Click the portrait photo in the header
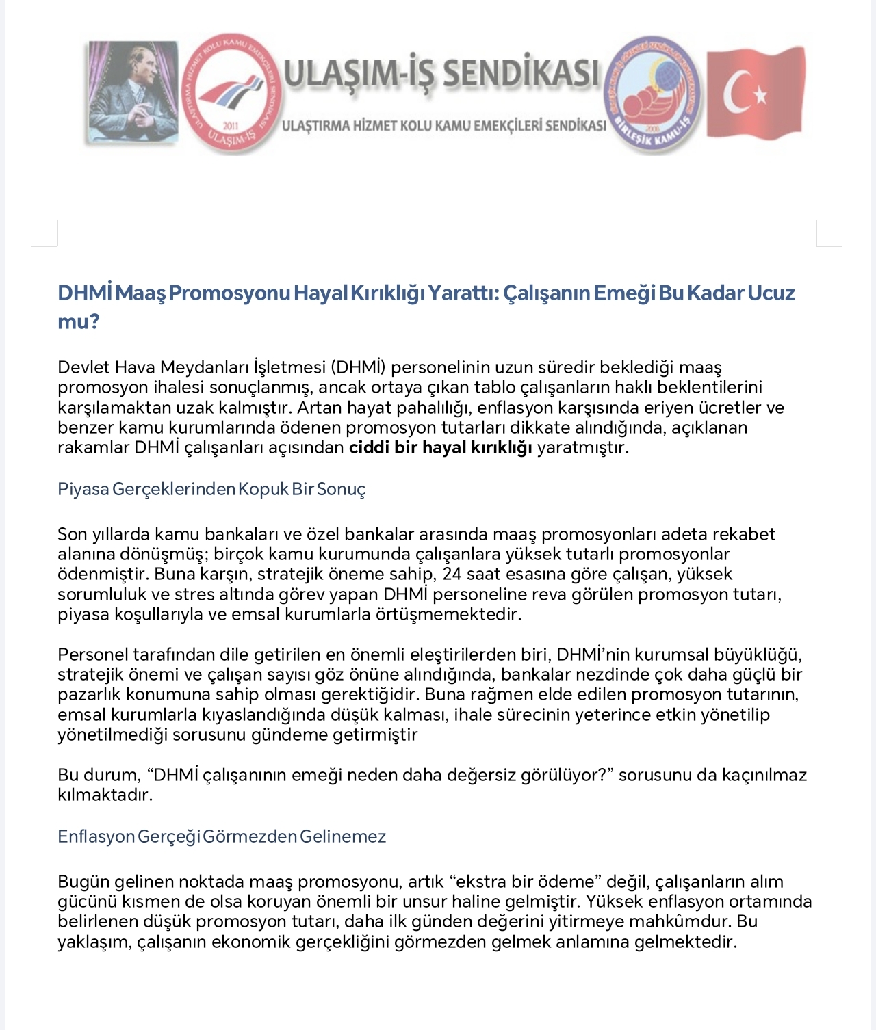[x=133, y=92]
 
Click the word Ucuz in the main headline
[x=771, y=293]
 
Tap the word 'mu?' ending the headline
[x=79, y=321]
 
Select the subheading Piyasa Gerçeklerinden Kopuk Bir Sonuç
[x=211, y=490]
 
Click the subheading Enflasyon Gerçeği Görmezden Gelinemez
[x=222, y=836]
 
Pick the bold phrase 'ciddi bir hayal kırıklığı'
[x=440, y=448]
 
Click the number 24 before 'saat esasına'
[x=452, y=574]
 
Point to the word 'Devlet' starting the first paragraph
[x=83, y=367]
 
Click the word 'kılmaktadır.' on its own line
[x=105, y=795]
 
